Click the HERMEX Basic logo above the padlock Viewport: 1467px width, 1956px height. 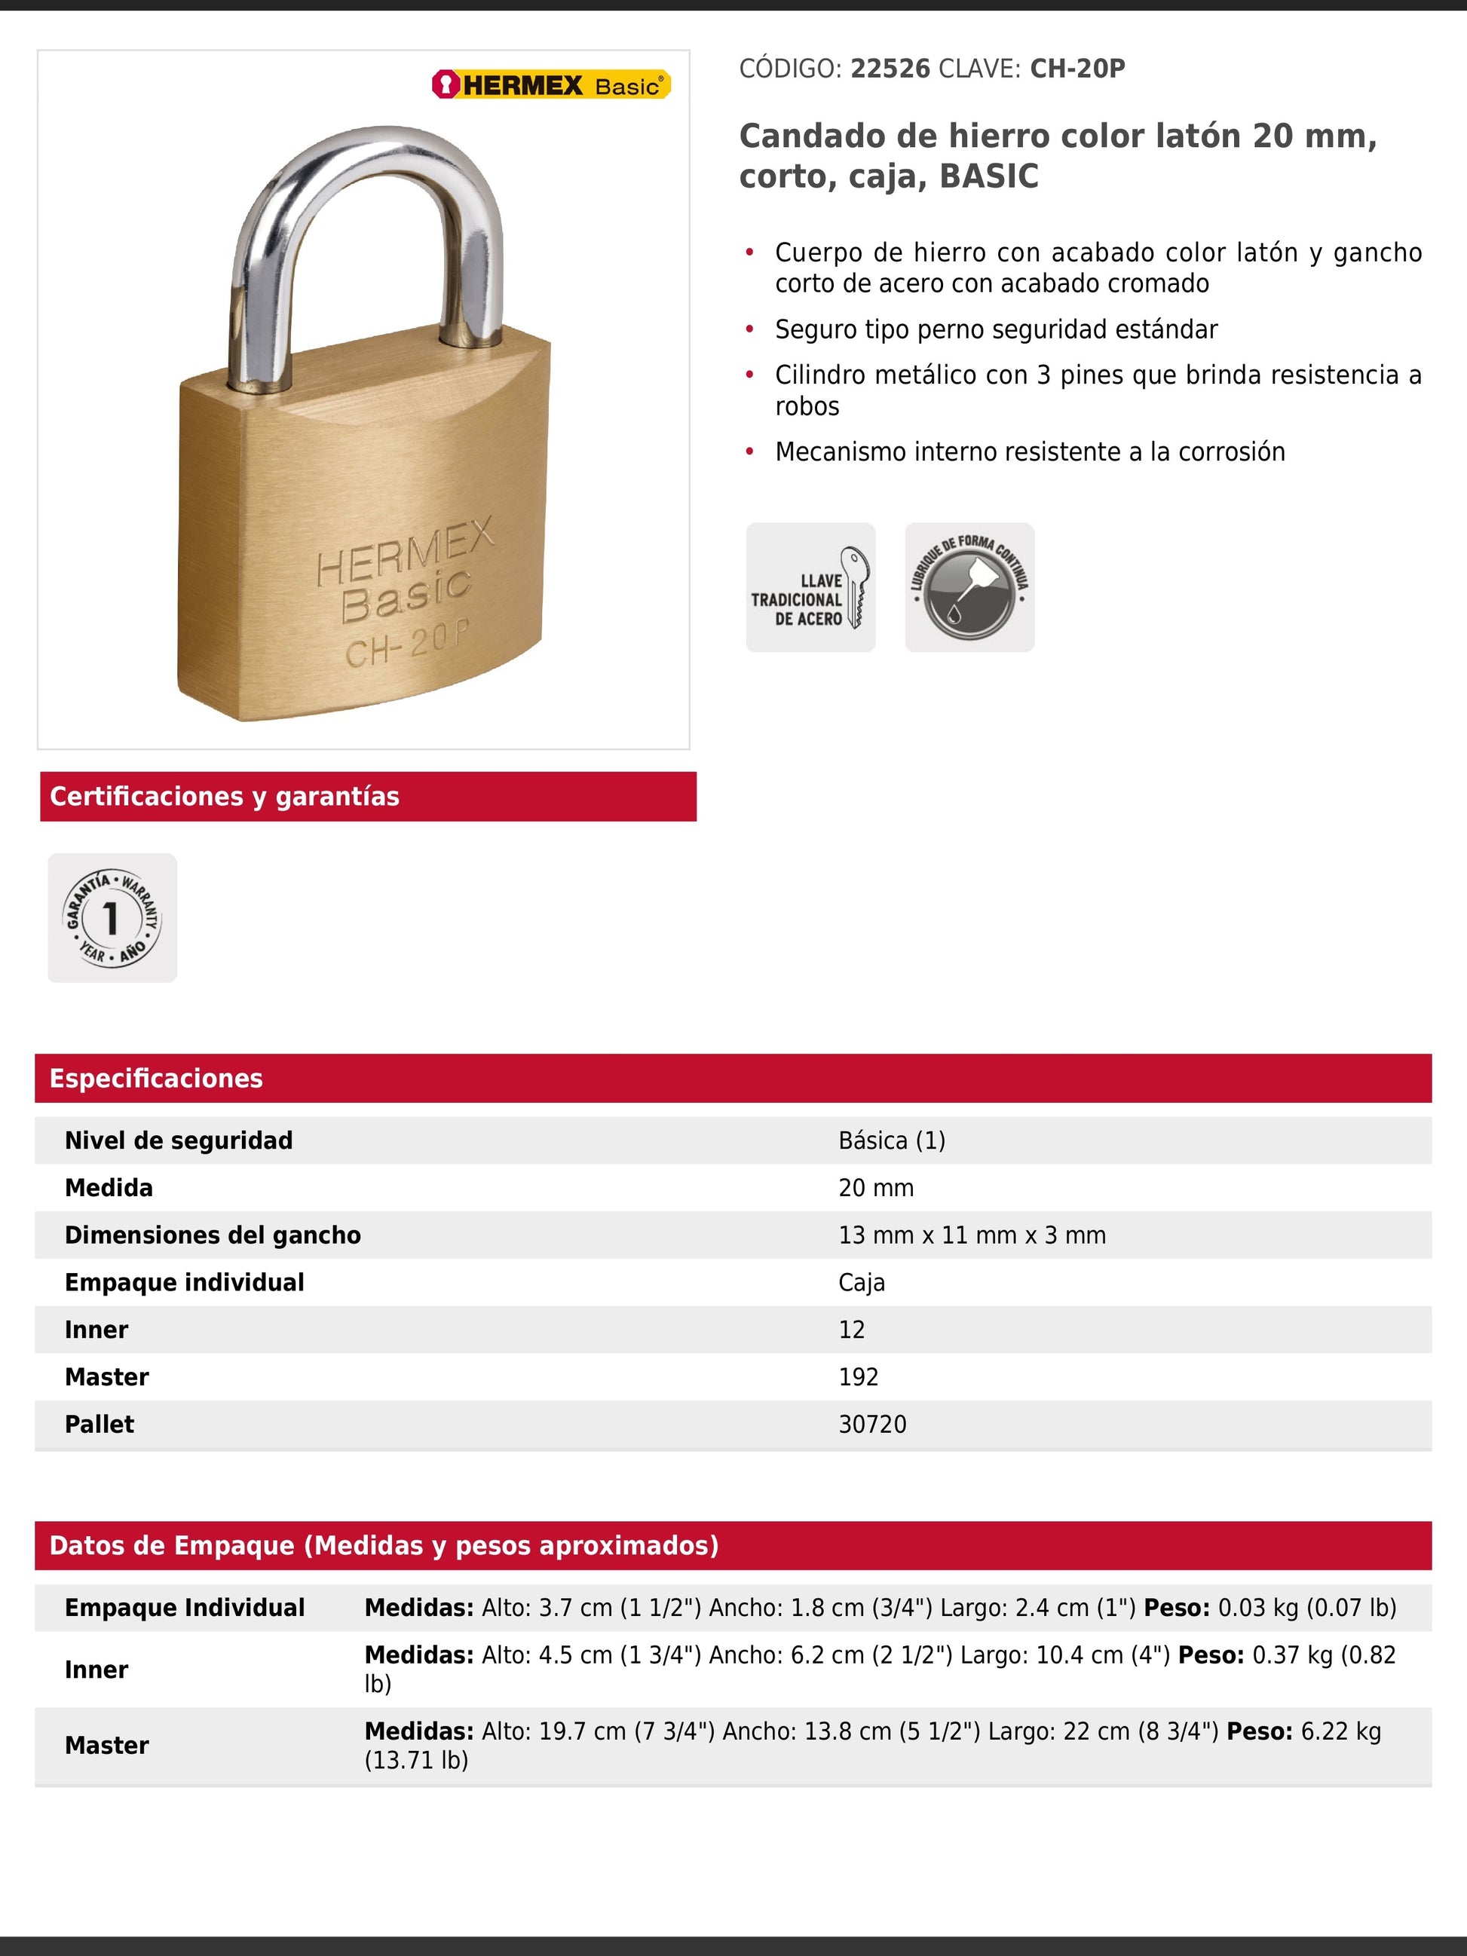coord(551,85)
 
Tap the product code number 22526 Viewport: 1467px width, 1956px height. coord(890,69)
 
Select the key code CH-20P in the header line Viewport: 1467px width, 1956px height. coord(1077,69)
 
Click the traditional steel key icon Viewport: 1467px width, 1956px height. coord(810,587)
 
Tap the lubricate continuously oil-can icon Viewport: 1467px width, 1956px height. coord(969,587)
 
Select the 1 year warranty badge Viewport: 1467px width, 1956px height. coord(112,918)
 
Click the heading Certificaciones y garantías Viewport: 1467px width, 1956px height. coord(225,797)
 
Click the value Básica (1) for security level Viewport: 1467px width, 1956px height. coord(891,1140)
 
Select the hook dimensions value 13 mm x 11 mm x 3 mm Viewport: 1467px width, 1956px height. coord(972,1235)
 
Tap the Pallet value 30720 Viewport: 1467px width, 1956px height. coord(872,1425)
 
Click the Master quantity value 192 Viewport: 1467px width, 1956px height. coord(858,1377)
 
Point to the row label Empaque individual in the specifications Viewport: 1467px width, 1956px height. coord(184,1282)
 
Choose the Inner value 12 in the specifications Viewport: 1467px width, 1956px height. coord(852,1330)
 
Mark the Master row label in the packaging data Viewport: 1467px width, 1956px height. coord(107,1746)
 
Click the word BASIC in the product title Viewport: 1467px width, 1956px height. coord(988,177)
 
